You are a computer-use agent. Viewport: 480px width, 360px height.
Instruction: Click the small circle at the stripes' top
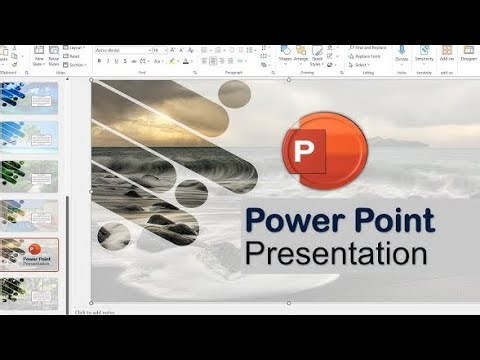234,94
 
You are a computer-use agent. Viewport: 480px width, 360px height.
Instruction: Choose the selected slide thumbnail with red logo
30,254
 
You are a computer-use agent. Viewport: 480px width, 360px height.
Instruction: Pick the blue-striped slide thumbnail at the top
30,98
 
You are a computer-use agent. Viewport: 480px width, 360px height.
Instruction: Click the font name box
119,49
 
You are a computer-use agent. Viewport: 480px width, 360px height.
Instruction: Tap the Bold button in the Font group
99,61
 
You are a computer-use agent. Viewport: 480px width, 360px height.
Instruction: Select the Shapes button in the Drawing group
285,54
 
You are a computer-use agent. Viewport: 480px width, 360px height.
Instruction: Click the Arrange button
302,54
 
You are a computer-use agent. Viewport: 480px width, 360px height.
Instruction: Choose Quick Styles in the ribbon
319,54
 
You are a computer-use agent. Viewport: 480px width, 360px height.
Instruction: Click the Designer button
468,54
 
